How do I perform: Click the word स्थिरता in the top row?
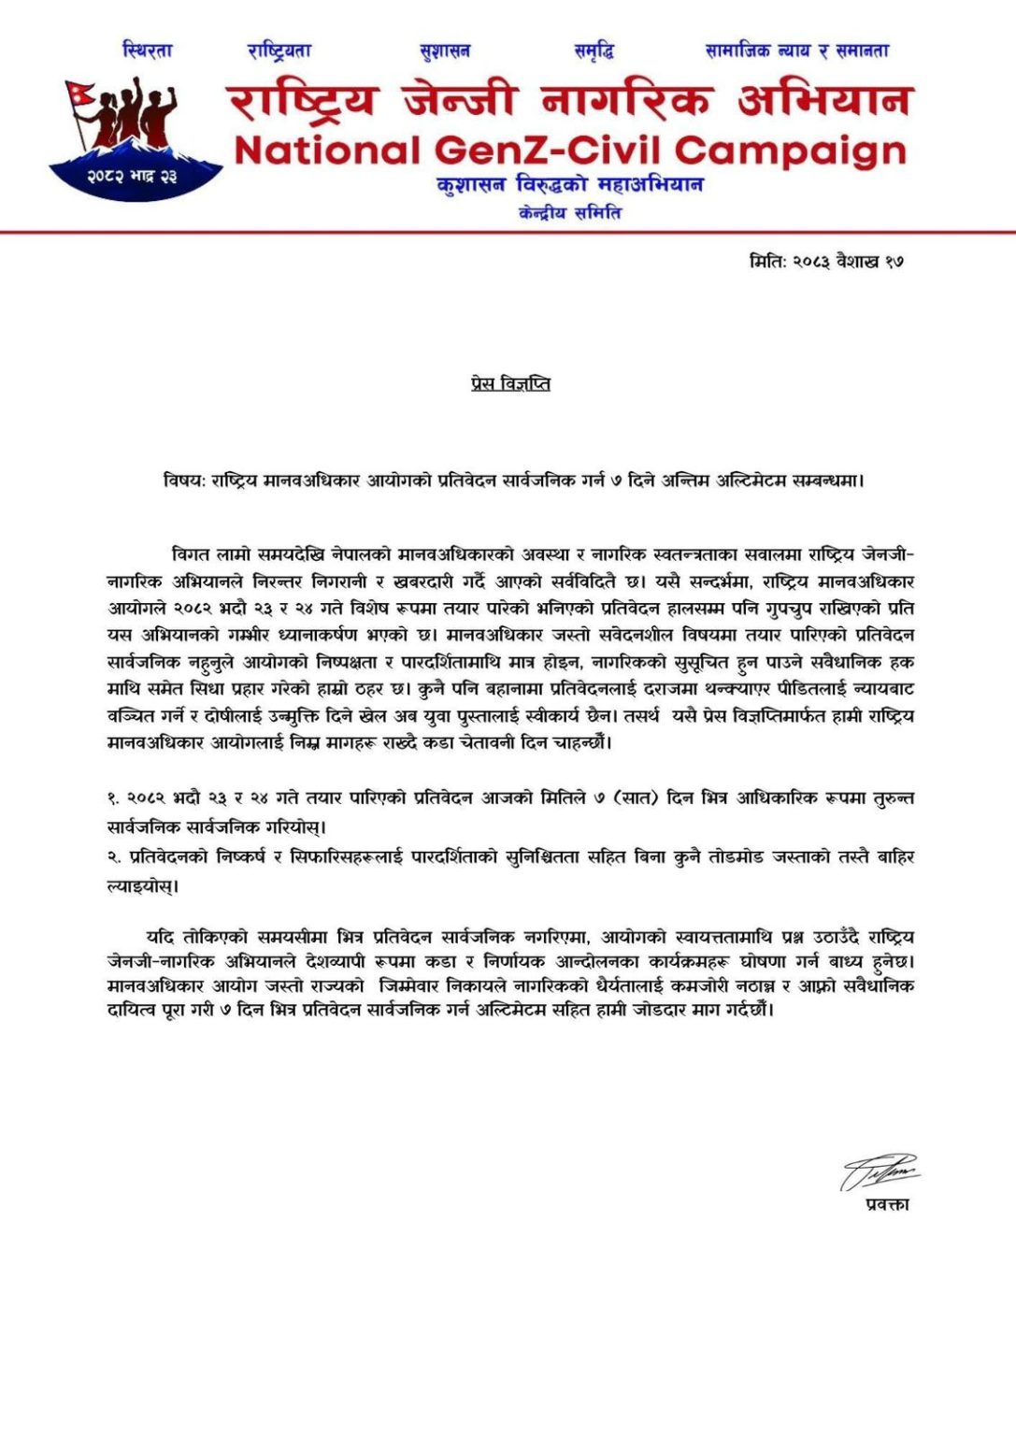click(148, 50)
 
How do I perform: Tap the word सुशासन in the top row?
click(445, 50)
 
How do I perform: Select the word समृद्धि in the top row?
click(594, 50)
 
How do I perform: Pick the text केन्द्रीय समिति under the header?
click(570, 213)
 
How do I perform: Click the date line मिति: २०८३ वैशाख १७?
click(826, 262)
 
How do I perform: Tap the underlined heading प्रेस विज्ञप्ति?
click(510, 383)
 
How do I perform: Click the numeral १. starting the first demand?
click(114, 798)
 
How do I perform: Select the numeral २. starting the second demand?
click(114, 856)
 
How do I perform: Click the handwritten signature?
click(879, 1170)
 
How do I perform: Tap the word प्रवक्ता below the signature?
click(887, 1204)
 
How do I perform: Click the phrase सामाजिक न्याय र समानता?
click(797, 50)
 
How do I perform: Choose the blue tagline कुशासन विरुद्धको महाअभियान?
click(570, 184)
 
